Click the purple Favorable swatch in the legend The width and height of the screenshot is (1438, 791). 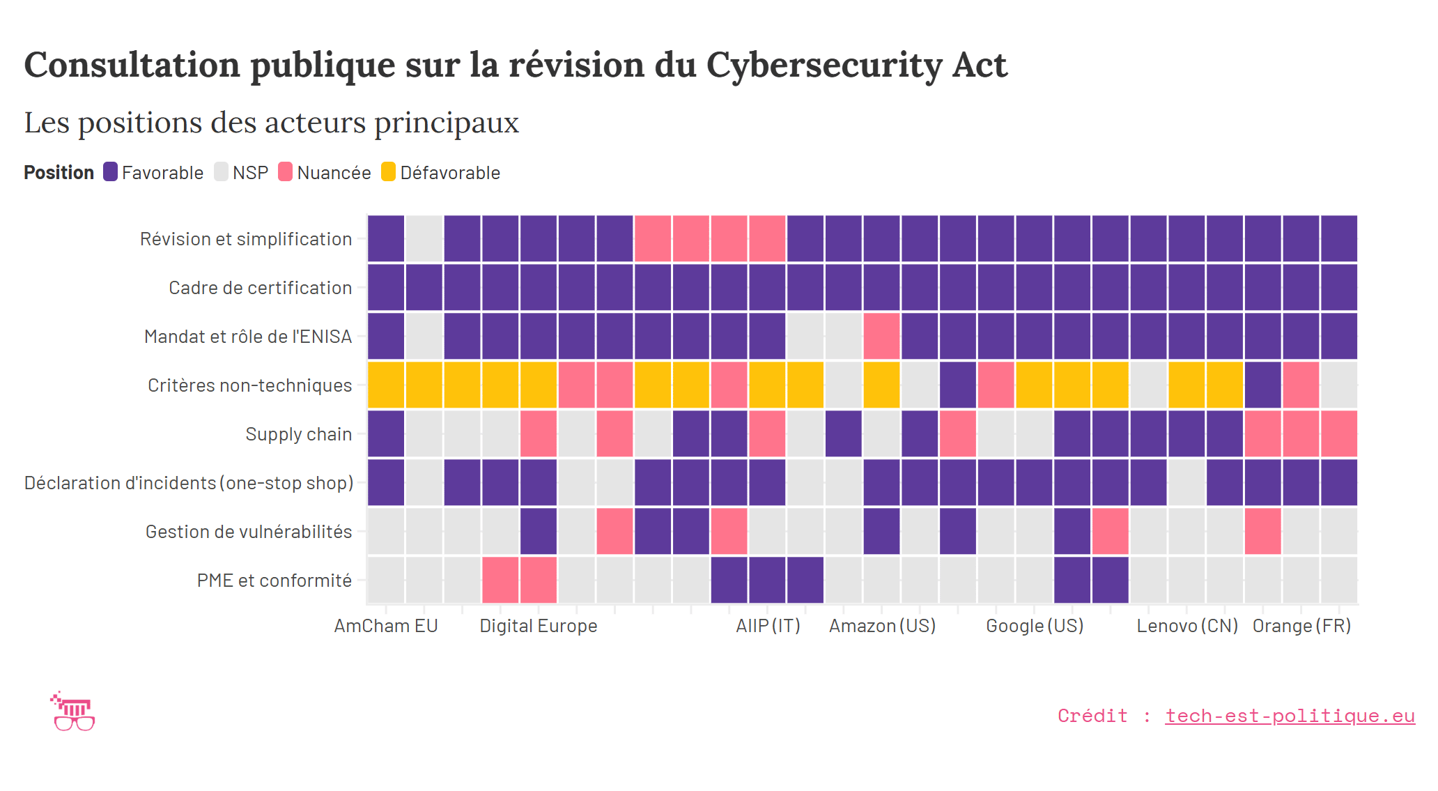pos(110,172)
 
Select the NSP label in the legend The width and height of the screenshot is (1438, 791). pos(250,173)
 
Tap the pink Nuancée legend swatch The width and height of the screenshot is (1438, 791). pos(285,172)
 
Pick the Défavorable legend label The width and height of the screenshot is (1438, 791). pos(450,173)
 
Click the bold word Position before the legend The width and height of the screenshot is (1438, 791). pos(59,173)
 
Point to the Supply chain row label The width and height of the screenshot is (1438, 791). pos(298,434)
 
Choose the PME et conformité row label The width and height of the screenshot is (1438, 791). pos(274,581)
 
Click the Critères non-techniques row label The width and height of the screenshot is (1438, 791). pos(249,385)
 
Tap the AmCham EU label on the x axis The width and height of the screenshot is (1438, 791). pos(385,626)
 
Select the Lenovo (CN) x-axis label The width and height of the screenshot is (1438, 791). pos(1187,626)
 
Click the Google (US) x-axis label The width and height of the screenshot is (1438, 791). pos(1035,626)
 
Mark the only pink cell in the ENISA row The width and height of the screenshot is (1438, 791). pos(881,336)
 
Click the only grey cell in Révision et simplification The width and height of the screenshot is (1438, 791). pos(424,238)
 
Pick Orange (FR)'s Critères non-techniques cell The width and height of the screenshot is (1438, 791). pos(1301,385)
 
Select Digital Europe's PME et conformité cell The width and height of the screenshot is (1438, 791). pos(538,580)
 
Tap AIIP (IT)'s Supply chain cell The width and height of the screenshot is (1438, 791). pos(767,433)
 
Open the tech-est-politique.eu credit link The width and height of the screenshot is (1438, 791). pos(1290,716)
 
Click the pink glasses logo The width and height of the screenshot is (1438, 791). pos(74,712)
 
